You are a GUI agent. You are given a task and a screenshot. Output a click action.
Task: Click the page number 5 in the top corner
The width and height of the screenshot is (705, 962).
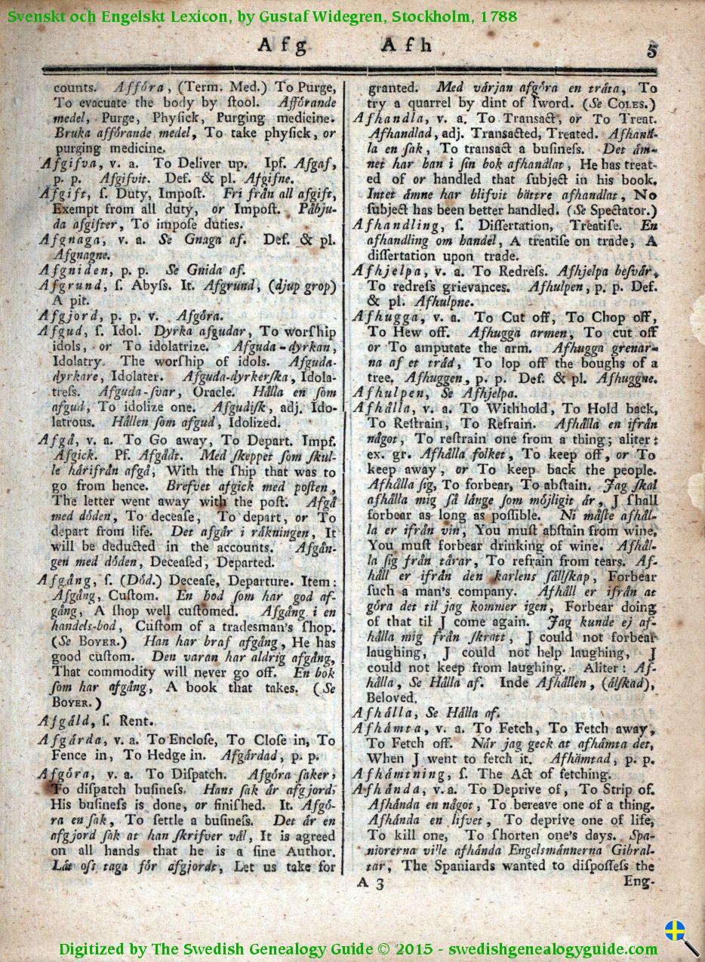[651, 51]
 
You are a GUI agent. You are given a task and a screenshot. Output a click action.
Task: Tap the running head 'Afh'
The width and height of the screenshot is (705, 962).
[408, 45]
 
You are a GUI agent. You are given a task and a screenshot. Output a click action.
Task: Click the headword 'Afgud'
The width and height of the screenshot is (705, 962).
[60, 331]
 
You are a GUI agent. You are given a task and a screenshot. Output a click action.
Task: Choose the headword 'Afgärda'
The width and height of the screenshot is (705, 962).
[71, 740]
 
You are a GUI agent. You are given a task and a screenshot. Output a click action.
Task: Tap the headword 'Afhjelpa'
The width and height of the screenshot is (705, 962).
[386, 271]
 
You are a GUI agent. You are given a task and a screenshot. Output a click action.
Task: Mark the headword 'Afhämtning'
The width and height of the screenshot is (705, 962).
[396, 773]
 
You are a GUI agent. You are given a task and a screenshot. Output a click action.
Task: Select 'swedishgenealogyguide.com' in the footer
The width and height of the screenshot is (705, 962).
[554, 948]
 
